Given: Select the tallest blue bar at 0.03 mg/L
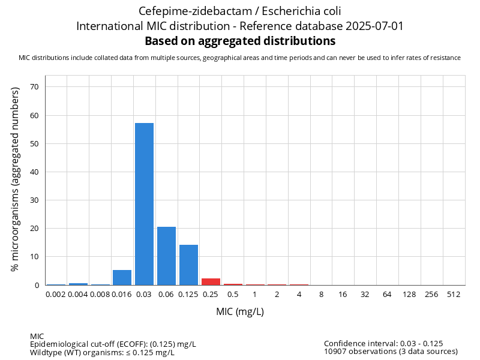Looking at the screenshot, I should point(144,204).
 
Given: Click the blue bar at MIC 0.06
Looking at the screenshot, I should point(166,256).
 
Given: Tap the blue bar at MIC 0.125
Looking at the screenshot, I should point(188,265).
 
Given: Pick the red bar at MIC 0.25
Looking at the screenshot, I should point(211,281).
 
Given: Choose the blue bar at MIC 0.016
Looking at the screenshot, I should point(122,277).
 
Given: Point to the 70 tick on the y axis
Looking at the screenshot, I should point(34,87).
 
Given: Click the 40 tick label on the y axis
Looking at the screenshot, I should point(34,172).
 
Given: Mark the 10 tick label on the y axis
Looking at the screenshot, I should point(34,257).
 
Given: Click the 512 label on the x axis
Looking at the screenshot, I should point(454,294).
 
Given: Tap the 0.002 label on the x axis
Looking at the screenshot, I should point(56,294).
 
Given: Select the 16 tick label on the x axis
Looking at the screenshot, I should point(343,294).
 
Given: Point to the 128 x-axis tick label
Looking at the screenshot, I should point(410,294).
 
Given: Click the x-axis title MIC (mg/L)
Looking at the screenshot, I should point(240,312).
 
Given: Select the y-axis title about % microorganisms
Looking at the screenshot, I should point(16,179).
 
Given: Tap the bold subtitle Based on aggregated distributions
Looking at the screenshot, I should point(240,41).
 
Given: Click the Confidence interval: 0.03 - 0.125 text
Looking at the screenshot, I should point(383,343).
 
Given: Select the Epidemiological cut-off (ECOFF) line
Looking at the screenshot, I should point(113,344).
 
